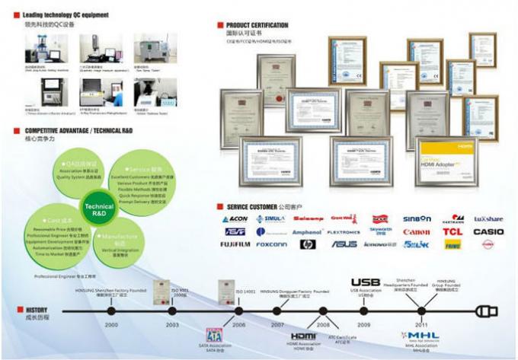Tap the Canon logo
click(416, 231)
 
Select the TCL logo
click(452, 231)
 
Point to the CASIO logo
click(488, 231)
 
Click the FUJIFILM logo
click(236, 244)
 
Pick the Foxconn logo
click(271, 244)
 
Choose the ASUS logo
click(344, 244)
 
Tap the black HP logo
click(307, 244)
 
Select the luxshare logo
click(488, 218)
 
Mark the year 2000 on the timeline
click(111, 325)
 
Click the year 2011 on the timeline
click(421, 325)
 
